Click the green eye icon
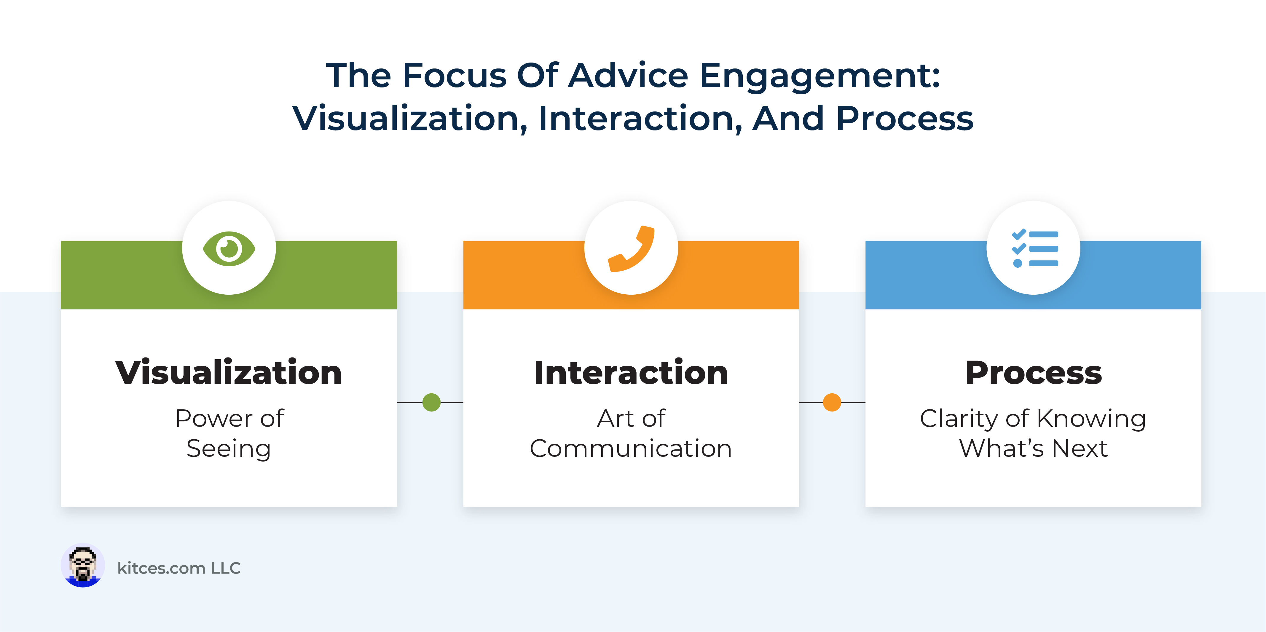click(229, 249)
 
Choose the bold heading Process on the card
click(1034, 373)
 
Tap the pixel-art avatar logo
click(82, 566)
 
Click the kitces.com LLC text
click(179, 568)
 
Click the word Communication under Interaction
click(631, 448)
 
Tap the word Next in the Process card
click(1080, 448)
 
